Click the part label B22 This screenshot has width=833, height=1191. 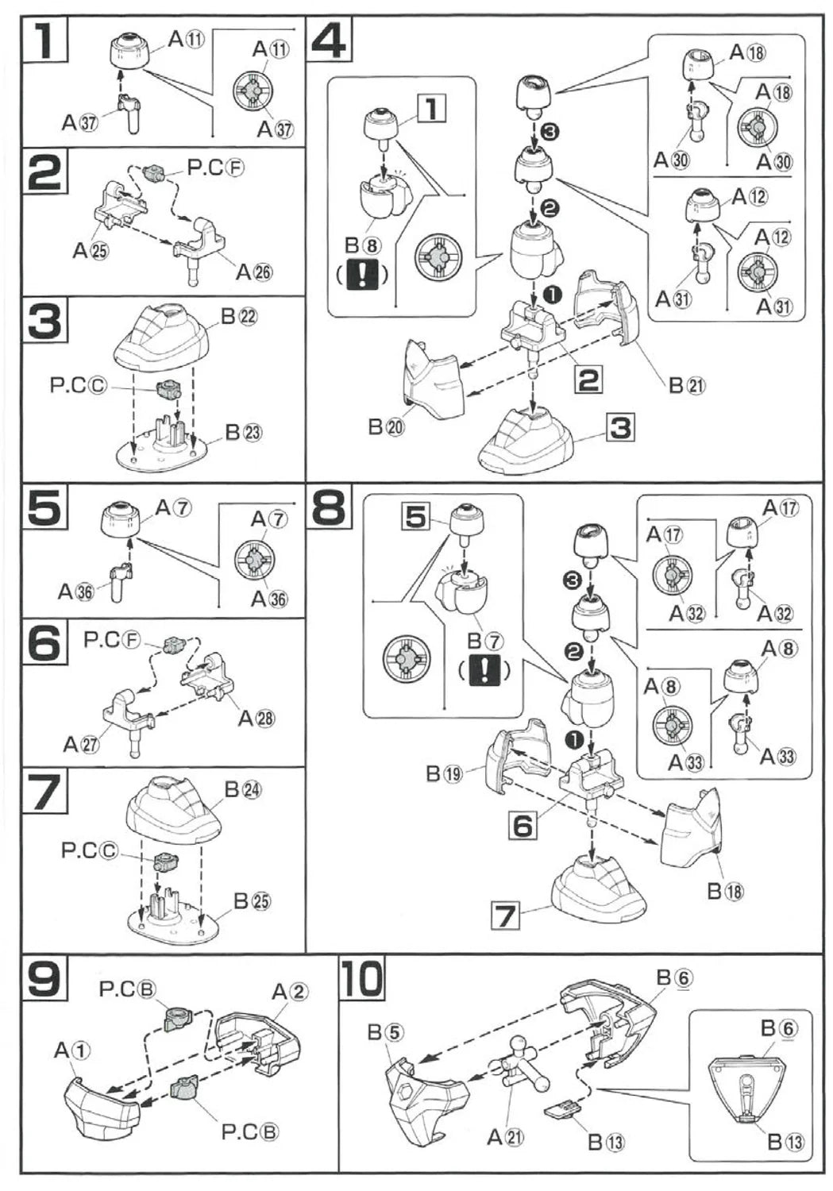click(x=239, y=317)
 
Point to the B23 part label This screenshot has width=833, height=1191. click(x=244, y=433)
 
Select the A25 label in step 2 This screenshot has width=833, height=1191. click(x=91, y=251)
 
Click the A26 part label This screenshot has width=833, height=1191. click(x=253, y=272)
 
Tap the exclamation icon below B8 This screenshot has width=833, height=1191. click(x=363, y=275)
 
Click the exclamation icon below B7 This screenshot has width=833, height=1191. click(x=484, y=670)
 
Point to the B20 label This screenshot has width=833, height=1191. click(x=386, y=426)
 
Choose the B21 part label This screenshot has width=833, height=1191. click(x=687, y=386)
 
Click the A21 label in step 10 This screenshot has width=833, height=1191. click(x=506, y=1138)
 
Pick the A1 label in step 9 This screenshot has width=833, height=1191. click(x=72, y=1050)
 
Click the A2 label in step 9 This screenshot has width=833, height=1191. click(x=289, y=992)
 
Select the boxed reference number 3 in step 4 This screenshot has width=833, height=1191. click(x=620, y=428)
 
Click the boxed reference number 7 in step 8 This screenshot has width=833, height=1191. click(x=505, y=915)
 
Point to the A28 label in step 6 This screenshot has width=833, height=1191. click(x=256, y=719)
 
